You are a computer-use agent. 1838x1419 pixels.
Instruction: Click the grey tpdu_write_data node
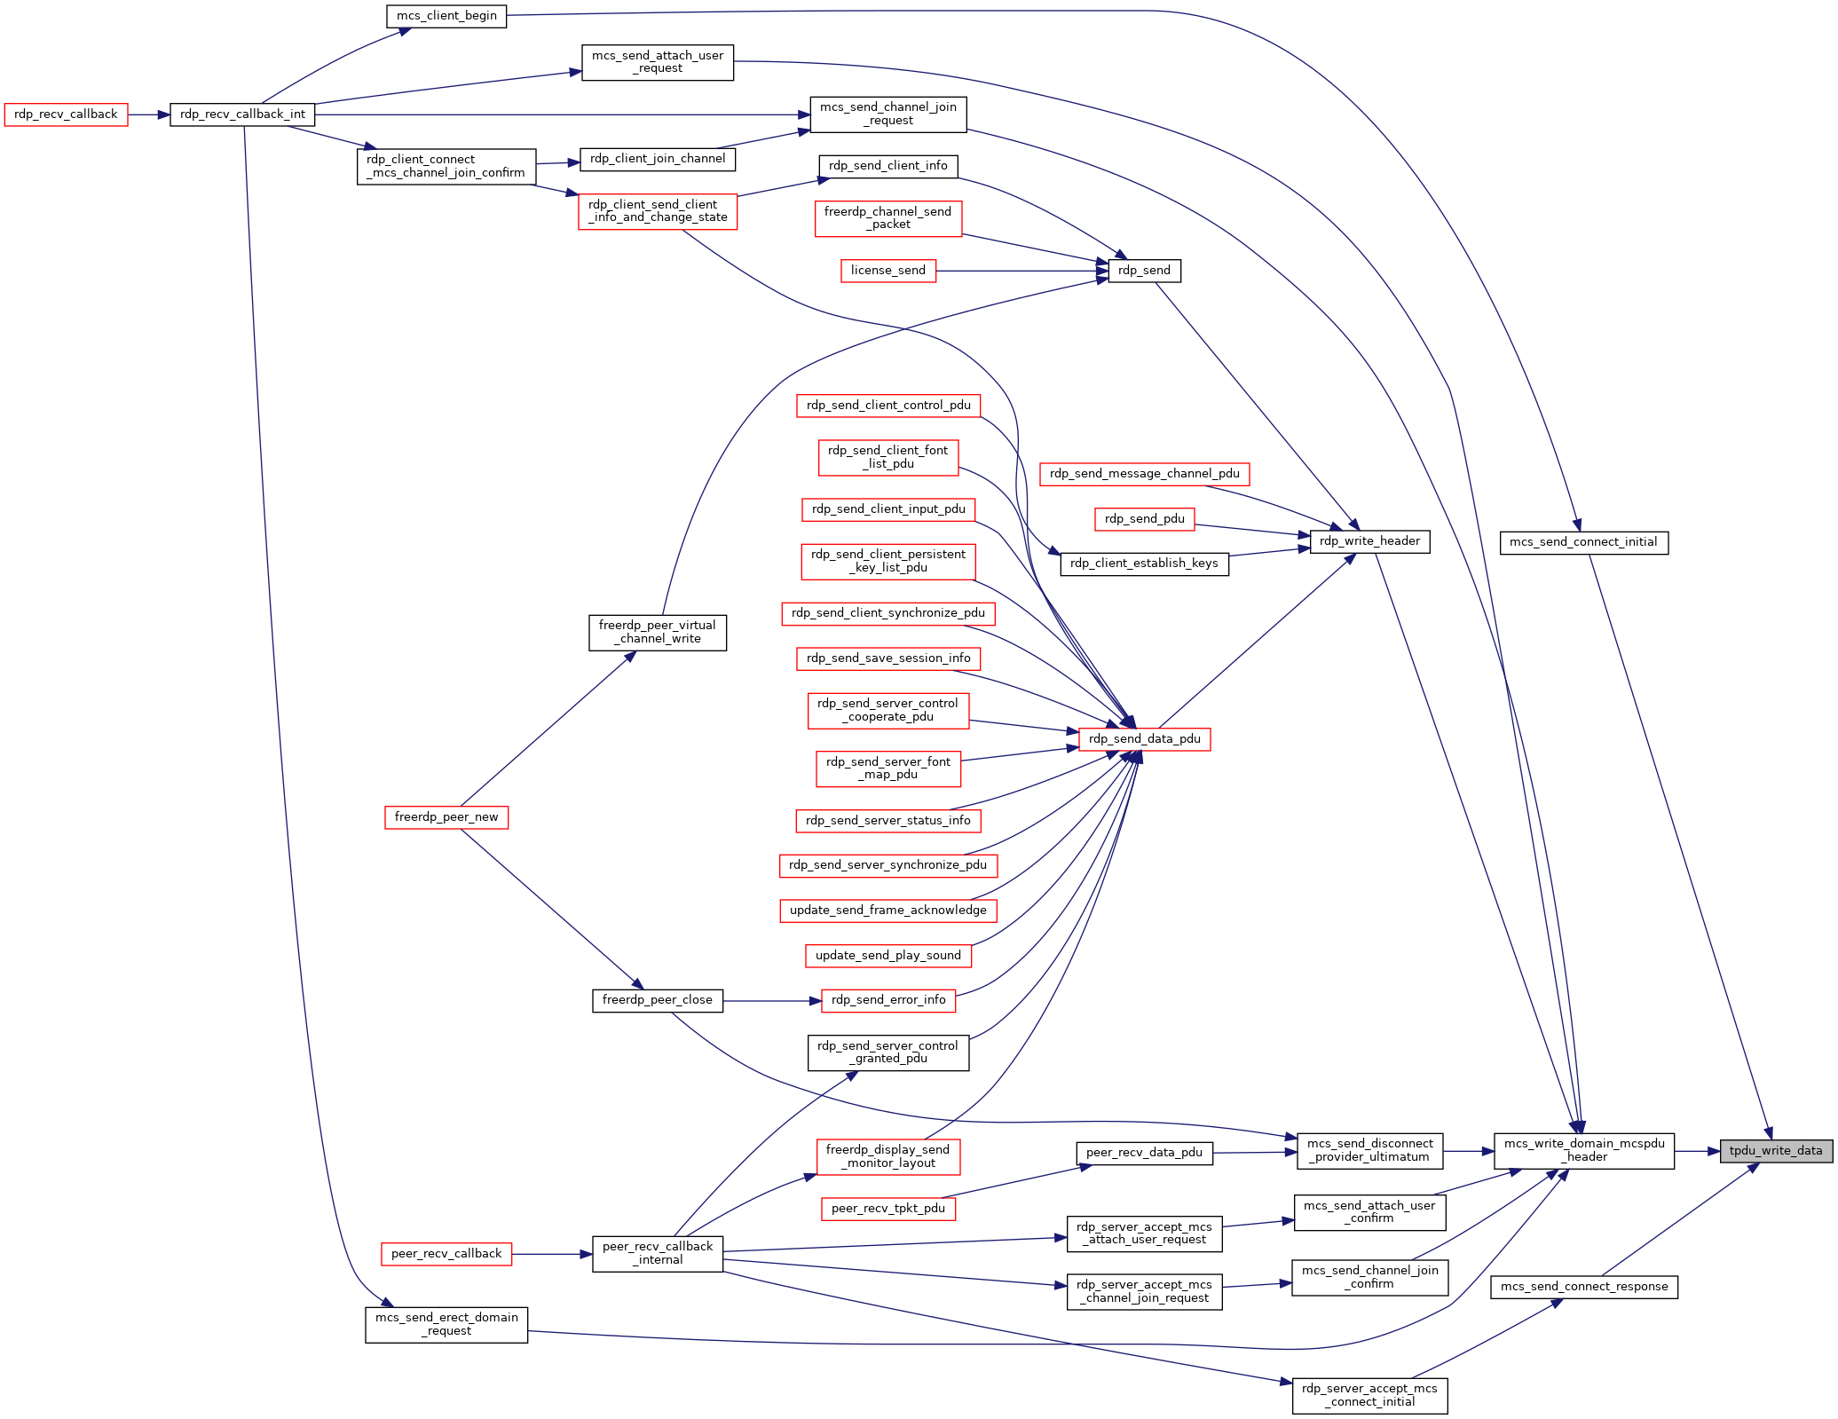click(1775, 1151)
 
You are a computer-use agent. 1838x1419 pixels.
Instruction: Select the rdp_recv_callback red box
click(66, 114)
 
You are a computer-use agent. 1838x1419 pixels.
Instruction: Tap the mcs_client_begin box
click(446, 16)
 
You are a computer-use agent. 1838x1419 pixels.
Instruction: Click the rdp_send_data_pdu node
click(1144, 739)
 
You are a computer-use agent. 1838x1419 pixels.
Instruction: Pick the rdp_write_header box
click(1369, 541)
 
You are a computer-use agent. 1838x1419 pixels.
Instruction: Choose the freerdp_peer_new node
click(446, 817)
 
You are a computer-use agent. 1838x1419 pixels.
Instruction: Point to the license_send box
click(887, 271)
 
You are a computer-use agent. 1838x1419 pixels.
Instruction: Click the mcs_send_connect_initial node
click(1583, 542)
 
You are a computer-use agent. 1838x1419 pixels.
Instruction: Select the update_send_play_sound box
click(887, 956)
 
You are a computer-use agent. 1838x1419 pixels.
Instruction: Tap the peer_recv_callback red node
click(446, 1254)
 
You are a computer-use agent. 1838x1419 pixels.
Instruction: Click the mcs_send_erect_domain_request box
click(446, 1324)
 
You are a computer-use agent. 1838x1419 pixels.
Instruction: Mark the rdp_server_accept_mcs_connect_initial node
click(1369, 1395)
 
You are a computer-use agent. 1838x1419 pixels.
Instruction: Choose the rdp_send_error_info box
click(888, 1000)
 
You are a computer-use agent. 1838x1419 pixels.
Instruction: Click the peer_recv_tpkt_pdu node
click(888, 1209)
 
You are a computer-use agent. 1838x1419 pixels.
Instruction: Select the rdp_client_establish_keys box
click(1144, 564)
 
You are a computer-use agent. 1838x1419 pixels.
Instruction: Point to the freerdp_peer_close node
click(657, 1000)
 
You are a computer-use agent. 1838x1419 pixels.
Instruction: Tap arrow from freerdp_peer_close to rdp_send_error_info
click(771, 1001)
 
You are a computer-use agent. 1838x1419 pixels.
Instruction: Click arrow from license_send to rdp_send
click(1022, 271)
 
